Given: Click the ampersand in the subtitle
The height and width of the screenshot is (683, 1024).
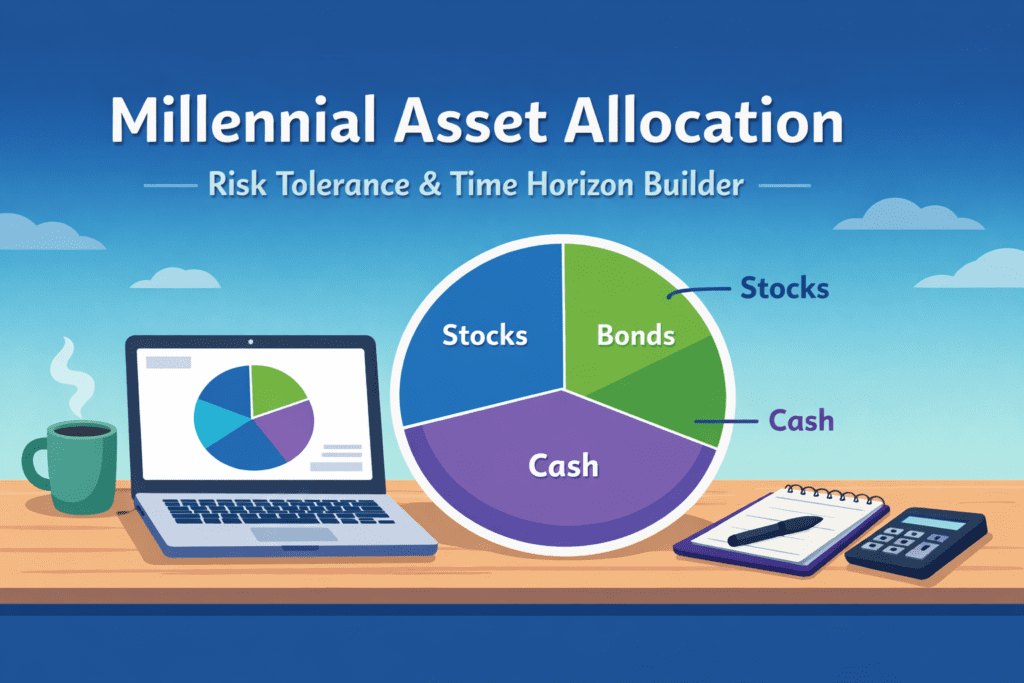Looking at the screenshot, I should [x=431, y=186].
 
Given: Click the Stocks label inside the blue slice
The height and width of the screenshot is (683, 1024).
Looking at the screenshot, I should [x=484, y=335].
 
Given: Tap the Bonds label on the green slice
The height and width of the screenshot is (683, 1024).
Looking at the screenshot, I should [x=635, y=335].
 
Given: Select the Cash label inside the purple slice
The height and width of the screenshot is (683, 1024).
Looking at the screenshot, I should [x=564, y=465].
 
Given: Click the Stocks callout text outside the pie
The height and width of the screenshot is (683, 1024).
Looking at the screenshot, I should [x=784, y=289].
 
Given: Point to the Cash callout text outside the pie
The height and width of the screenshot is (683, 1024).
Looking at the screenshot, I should [x=801, y=421].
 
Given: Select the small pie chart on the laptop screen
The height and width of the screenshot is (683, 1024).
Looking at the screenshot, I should [x=253, y=416].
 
